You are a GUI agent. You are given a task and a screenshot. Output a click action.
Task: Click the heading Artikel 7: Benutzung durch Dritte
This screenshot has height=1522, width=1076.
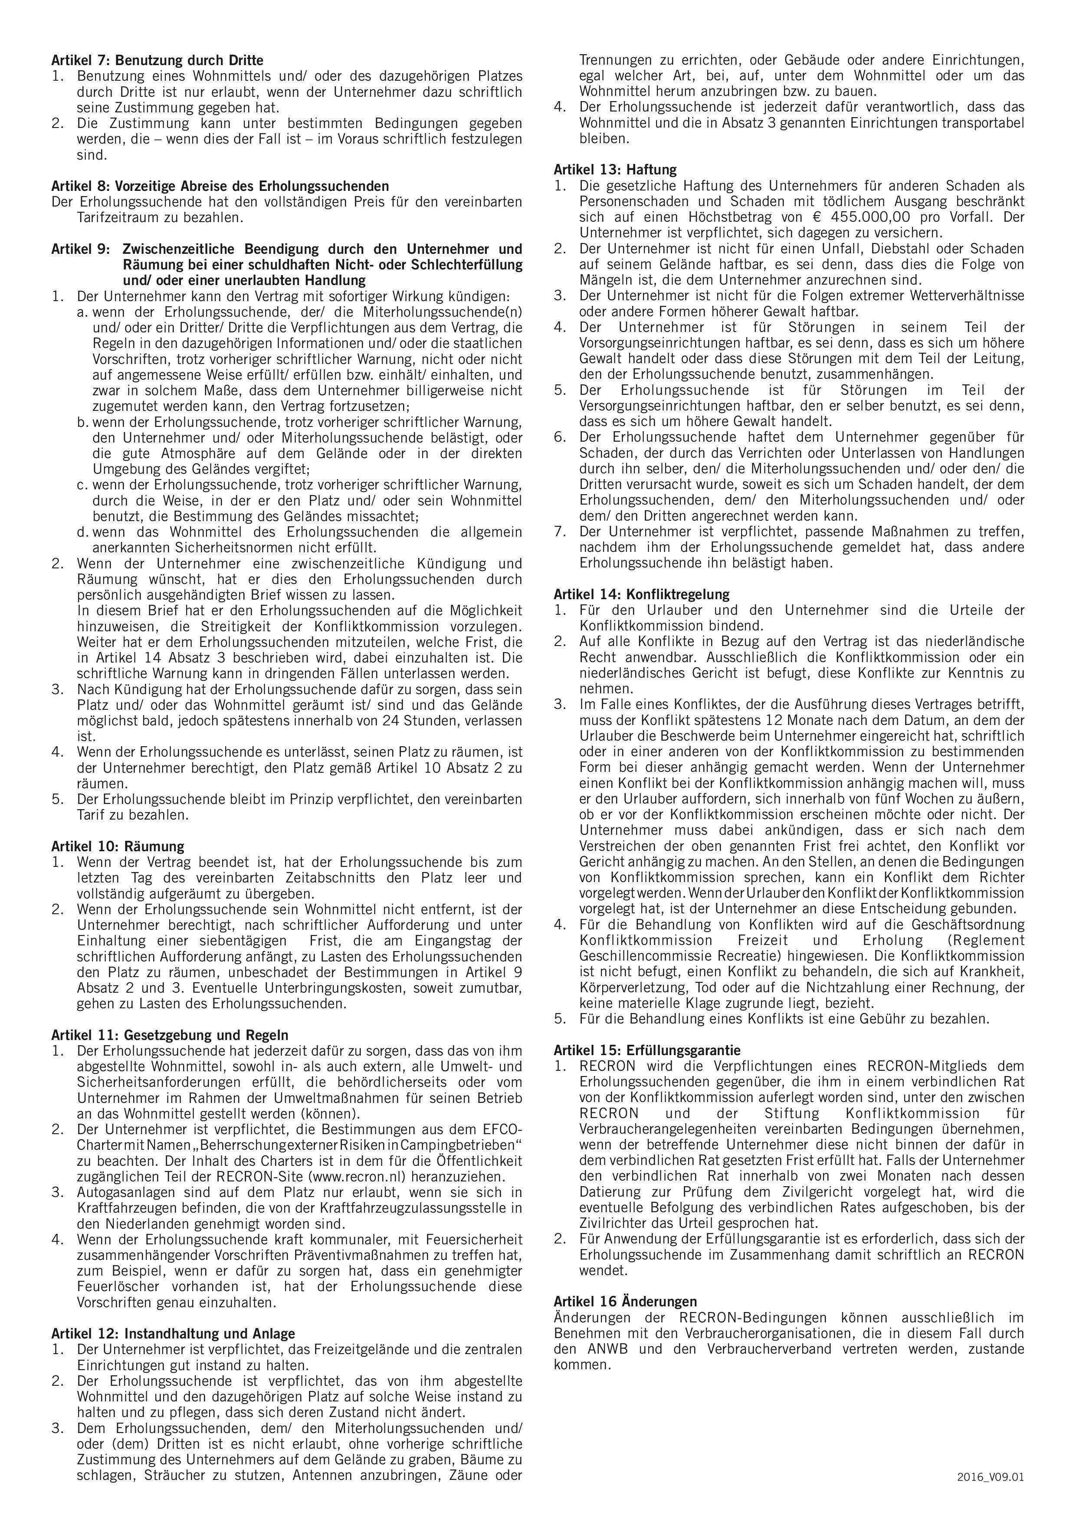(x=157, y=60)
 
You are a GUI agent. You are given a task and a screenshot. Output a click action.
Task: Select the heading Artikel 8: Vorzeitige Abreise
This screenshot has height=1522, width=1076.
(x=220, y=186)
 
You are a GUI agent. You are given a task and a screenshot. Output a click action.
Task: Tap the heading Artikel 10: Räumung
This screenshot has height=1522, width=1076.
(x=117, y=846)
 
